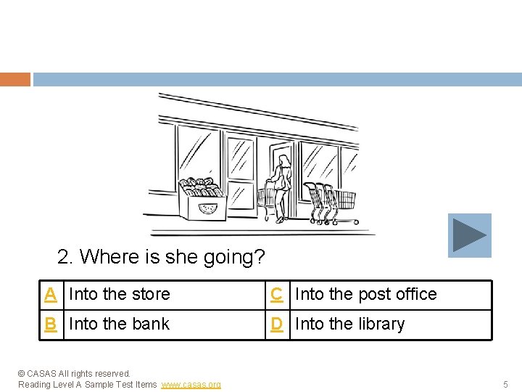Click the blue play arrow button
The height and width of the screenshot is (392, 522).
pyautogui.click(x=469, y=235)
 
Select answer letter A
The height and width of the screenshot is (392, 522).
pyautogui.click(x=51, y=295)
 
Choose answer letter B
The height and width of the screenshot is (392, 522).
pyautogui.click(x=51, y=324)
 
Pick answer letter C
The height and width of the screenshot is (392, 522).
pyautogui.click(x=277, y=295)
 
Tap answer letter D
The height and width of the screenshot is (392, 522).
pyautogui.click(x=277, y=324)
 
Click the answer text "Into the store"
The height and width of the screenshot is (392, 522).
pyautogui.click(x=119, y=295)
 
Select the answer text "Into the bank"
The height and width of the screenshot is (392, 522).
pyautogui.click(x=119, y=324)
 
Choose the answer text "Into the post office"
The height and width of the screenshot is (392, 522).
pyautogui.click(x=366, y=295)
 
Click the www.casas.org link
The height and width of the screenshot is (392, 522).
pyautogui.click(x=191, y=384)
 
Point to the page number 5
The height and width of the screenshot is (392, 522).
pyautogui.click(x=505, y=384)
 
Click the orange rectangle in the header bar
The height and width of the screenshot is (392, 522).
pyautogui.click(x=15, y=79)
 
